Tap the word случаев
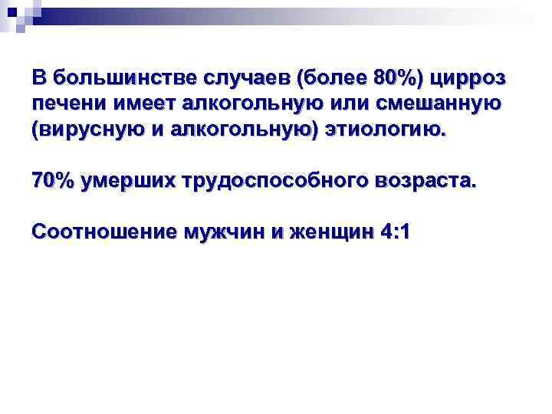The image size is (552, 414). click(247, 78)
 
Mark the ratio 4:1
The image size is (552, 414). click(395, 231)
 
